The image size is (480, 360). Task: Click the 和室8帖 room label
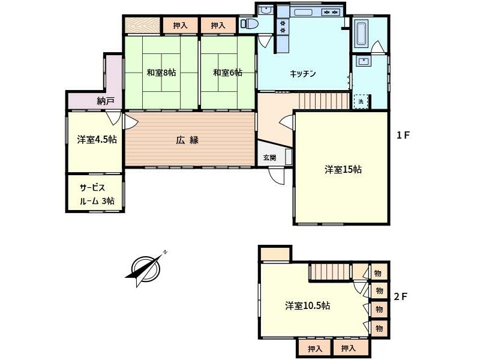click(161, 73)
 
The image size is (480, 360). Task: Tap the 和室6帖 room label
click(227, 73)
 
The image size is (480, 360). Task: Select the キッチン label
click(303, 73)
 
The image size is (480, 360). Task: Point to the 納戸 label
click(105, 101)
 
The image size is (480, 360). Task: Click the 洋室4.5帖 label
click(96, 139)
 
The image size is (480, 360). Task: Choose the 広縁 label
click(187, 140)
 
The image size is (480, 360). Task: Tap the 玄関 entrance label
click(269, 158)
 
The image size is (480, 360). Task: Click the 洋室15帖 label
click(343, 170)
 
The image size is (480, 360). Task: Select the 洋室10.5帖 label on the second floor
click(307, 305)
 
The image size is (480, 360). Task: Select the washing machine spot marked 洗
click(361, 101)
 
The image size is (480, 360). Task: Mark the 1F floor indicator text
click(403, 136)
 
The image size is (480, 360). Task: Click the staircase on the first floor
click(324, 101)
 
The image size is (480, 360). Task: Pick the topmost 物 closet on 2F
click(379, 272)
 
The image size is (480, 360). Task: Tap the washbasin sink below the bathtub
click(362, 62)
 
